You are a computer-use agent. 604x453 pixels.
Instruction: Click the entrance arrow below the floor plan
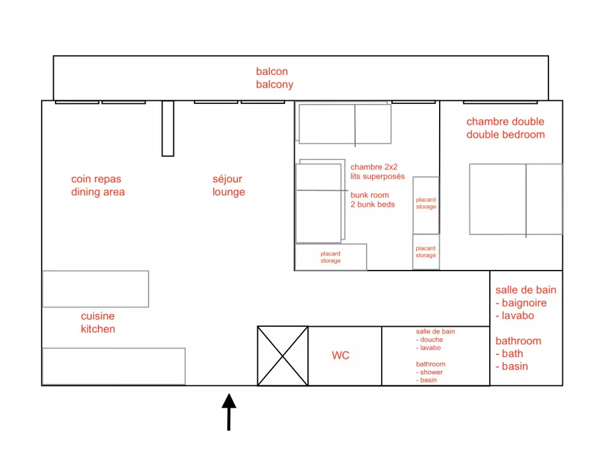coord(229,412)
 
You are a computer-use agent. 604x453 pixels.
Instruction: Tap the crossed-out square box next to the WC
coord(283,356)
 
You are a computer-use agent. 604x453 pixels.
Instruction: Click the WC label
coord(341,355)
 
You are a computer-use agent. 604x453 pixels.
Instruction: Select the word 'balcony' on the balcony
coord(275,85)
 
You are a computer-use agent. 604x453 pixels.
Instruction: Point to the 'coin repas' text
coord(96,179)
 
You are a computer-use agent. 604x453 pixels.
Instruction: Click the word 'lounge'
coord(228,192)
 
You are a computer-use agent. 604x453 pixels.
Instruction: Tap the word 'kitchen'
coord(98,329)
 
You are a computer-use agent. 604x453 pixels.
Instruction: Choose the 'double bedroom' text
coord(506,135)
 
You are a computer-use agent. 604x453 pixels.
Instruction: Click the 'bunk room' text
coord(370,195)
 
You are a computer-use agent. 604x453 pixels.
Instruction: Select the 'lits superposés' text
coord(377,176)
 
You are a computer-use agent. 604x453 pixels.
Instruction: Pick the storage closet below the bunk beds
coord(331,257)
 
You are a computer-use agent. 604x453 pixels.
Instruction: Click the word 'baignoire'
coord(524,303)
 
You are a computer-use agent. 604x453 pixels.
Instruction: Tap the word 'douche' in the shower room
coord(431,339)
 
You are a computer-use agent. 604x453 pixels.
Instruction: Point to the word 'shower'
coord(431,373)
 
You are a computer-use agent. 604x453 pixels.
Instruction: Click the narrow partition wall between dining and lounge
coord(168,128)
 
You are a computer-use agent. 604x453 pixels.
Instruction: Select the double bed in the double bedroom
coord(516,199)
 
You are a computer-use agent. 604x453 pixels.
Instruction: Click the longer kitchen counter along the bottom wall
coord(114,367)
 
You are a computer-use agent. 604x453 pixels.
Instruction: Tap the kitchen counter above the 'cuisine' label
coord(95,289)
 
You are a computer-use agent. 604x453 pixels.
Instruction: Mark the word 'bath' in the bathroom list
coord(512,353)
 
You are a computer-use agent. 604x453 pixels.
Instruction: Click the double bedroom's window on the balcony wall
coord(500,103)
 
